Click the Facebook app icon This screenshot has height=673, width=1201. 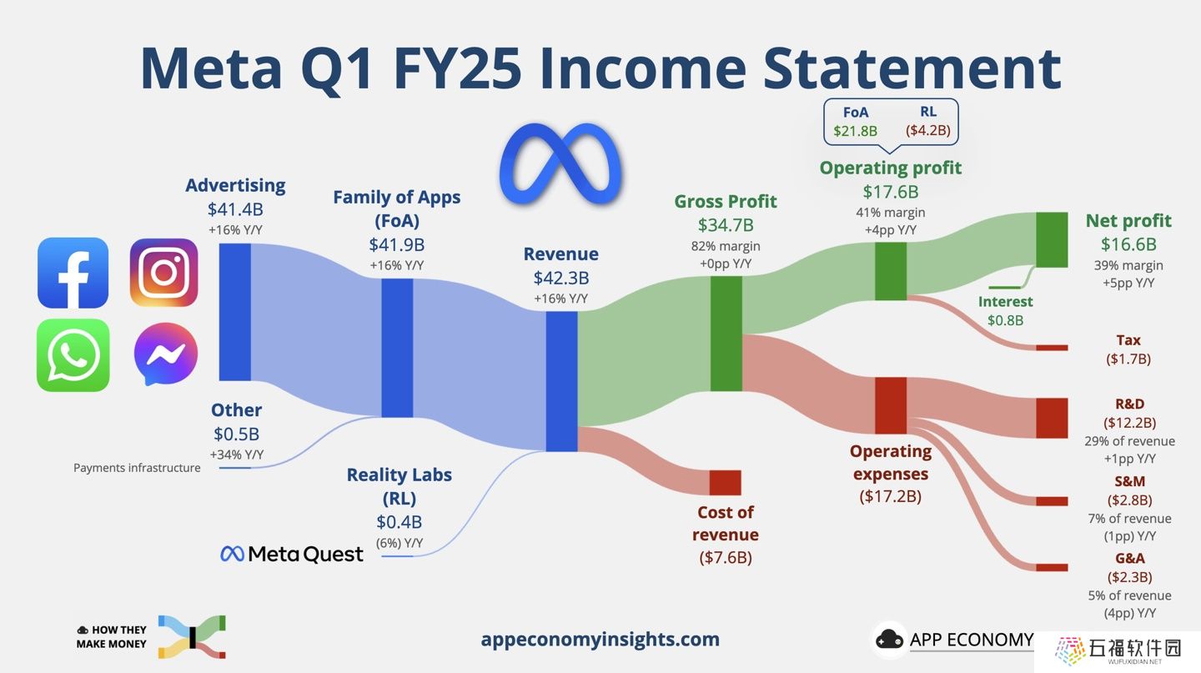[73, 273]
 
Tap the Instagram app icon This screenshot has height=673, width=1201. [164, 273]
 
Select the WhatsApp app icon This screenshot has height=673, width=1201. [73, 355]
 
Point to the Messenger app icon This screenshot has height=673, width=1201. [166, 354]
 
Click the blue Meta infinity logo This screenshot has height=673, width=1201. [560, 164]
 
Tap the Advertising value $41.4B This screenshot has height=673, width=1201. [235, 209]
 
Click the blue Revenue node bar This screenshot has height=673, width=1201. [561, 381]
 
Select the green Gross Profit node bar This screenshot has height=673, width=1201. [726, 334]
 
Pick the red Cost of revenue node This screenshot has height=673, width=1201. [725, 483]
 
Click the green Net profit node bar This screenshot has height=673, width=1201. [1052, 239]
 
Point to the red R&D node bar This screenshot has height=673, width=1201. [1052, 418]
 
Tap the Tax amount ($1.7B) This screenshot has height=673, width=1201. [1128, 359]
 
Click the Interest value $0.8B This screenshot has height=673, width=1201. [1005, 320]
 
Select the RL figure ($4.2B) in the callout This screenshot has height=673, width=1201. [928, 130]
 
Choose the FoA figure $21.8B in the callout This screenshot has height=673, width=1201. [855, 131]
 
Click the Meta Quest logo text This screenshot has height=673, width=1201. [292, 554]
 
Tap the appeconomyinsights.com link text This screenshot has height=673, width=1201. [600, 639]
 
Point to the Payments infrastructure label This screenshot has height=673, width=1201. [137, 468]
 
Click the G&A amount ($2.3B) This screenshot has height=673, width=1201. [1129, 577]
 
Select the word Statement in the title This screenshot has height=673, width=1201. [912, 68]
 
